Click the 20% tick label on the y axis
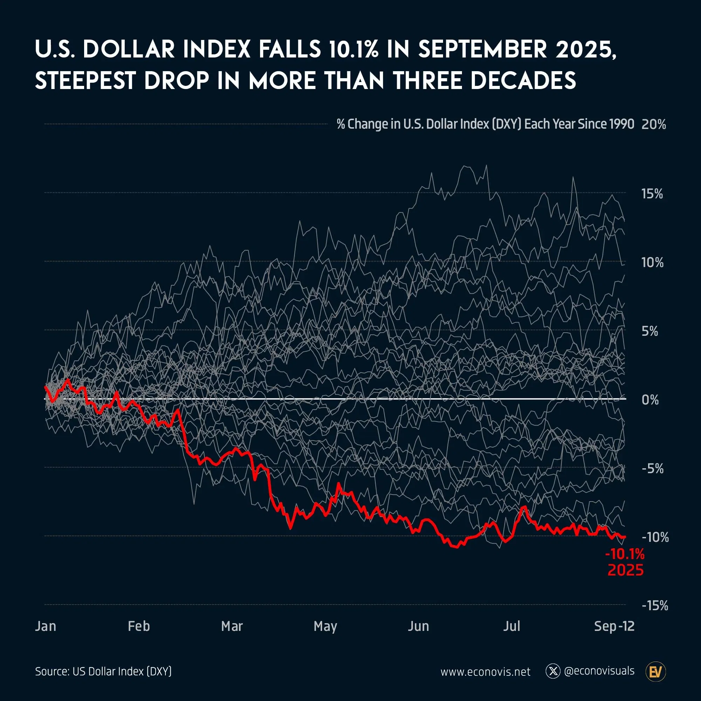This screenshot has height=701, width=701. [653, 124]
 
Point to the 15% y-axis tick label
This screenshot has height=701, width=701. [652, 194]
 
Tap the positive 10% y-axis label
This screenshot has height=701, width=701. [652, 262]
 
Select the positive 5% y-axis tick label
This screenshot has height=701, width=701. [649, 331]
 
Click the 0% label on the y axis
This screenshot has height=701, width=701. [650, 400]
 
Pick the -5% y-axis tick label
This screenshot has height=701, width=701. [652, 468]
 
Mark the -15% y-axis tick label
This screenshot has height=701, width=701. [654, 606]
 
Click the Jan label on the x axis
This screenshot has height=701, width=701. [46, 626]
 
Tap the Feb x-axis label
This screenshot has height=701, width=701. [138, 626]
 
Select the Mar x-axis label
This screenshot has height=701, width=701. [232, 626]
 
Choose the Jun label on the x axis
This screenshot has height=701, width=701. [418, 626]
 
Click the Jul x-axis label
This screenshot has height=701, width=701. [512, 626]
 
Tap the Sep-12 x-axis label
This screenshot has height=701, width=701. [614, 626]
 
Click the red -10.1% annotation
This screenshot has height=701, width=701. [625, 554]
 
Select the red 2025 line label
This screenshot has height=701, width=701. [626, 570]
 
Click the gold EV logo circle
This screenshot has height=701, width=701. [656, 672]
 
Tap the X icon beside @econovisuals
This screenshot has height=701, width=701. [553, 671]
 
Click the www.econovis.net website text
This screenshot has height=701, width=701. [485, 672]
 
